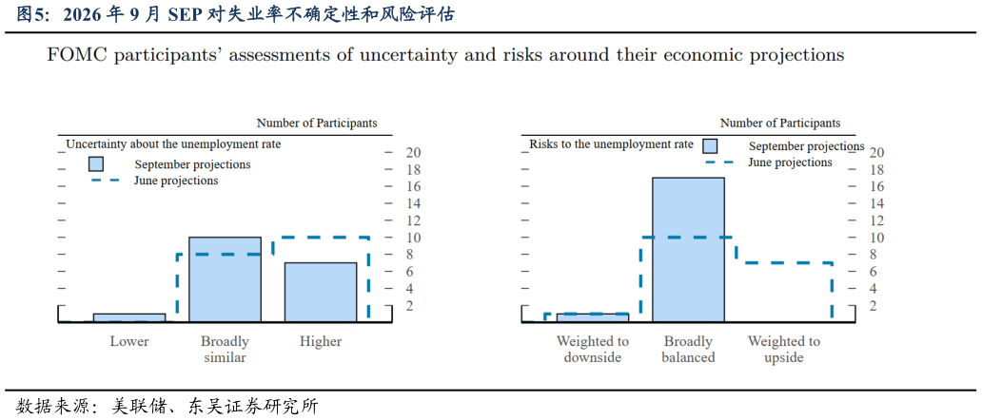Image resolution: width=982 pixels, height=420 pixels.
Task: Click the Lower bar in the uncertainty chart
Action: pyautogui.click(x=129, y=318)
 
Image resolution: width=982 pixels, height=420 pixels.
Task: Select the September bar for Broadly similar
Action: pyautogui.click(x=225, y=280)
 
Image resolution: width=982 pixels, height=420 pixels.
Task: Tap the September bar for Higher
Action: pyautogui.click(x=321, y=293)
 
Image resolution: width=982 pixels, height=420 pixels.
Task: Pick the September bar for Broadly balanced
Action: pyautogui.click(x=688, y=250)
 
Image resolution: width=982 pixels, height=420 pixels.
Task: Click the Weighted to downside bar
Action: pyautogui.click(x=593, y=318)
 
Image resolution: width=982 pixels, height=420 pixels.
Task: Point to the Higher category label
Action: pyautogui.click(x=321, y=341)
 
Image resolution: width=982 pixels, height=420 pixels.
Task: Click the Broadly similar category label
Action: pyautogui.click(x=225, y=350)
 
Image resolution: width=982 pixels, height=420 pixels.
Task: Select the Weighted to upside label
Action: pyautogui.click(x=784, y=350)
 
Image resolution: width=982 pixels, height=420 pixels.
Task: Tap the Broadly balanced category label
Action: pyautogui.click(x=688, y=350)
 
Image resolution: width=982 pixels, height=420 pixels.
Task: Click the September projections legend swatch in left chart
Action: pyautogui.click(x=95, y=163)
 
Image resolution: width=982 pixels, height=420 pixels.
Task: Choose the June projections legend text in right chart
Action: pyautogui.click(x=791, y=162)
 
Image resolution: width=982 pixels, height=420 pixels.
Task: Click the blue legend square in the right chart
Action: pyautogui.click(x=710, y=145)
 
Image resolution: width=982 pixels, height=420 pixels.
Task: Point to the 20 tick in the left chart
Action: pyautogui.click(x=414, y=152)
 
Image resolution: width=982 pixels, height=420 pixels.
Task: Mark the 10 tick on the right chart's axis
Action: pyautogui.click(x=876, y=238)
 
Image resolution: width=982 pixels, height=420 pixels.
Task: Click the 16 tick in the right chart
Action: pyautogui.click(x=876, y=186)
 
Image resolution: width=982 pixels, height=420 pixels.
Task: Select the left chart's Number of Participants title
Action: pyautogui.click(x=317, y=124)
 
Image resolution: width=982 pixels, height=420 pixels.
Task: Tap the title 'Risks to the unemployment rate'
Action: pyautogui.click(x=611, y=143)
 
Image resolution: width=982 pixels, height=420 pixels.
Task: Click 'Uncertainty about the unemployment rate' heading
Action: pyautogui.click(x=173, y=143)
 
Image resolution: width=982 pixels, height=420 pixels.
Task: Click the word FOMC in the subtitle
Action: pyautogui.click(x=69, y=55)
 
